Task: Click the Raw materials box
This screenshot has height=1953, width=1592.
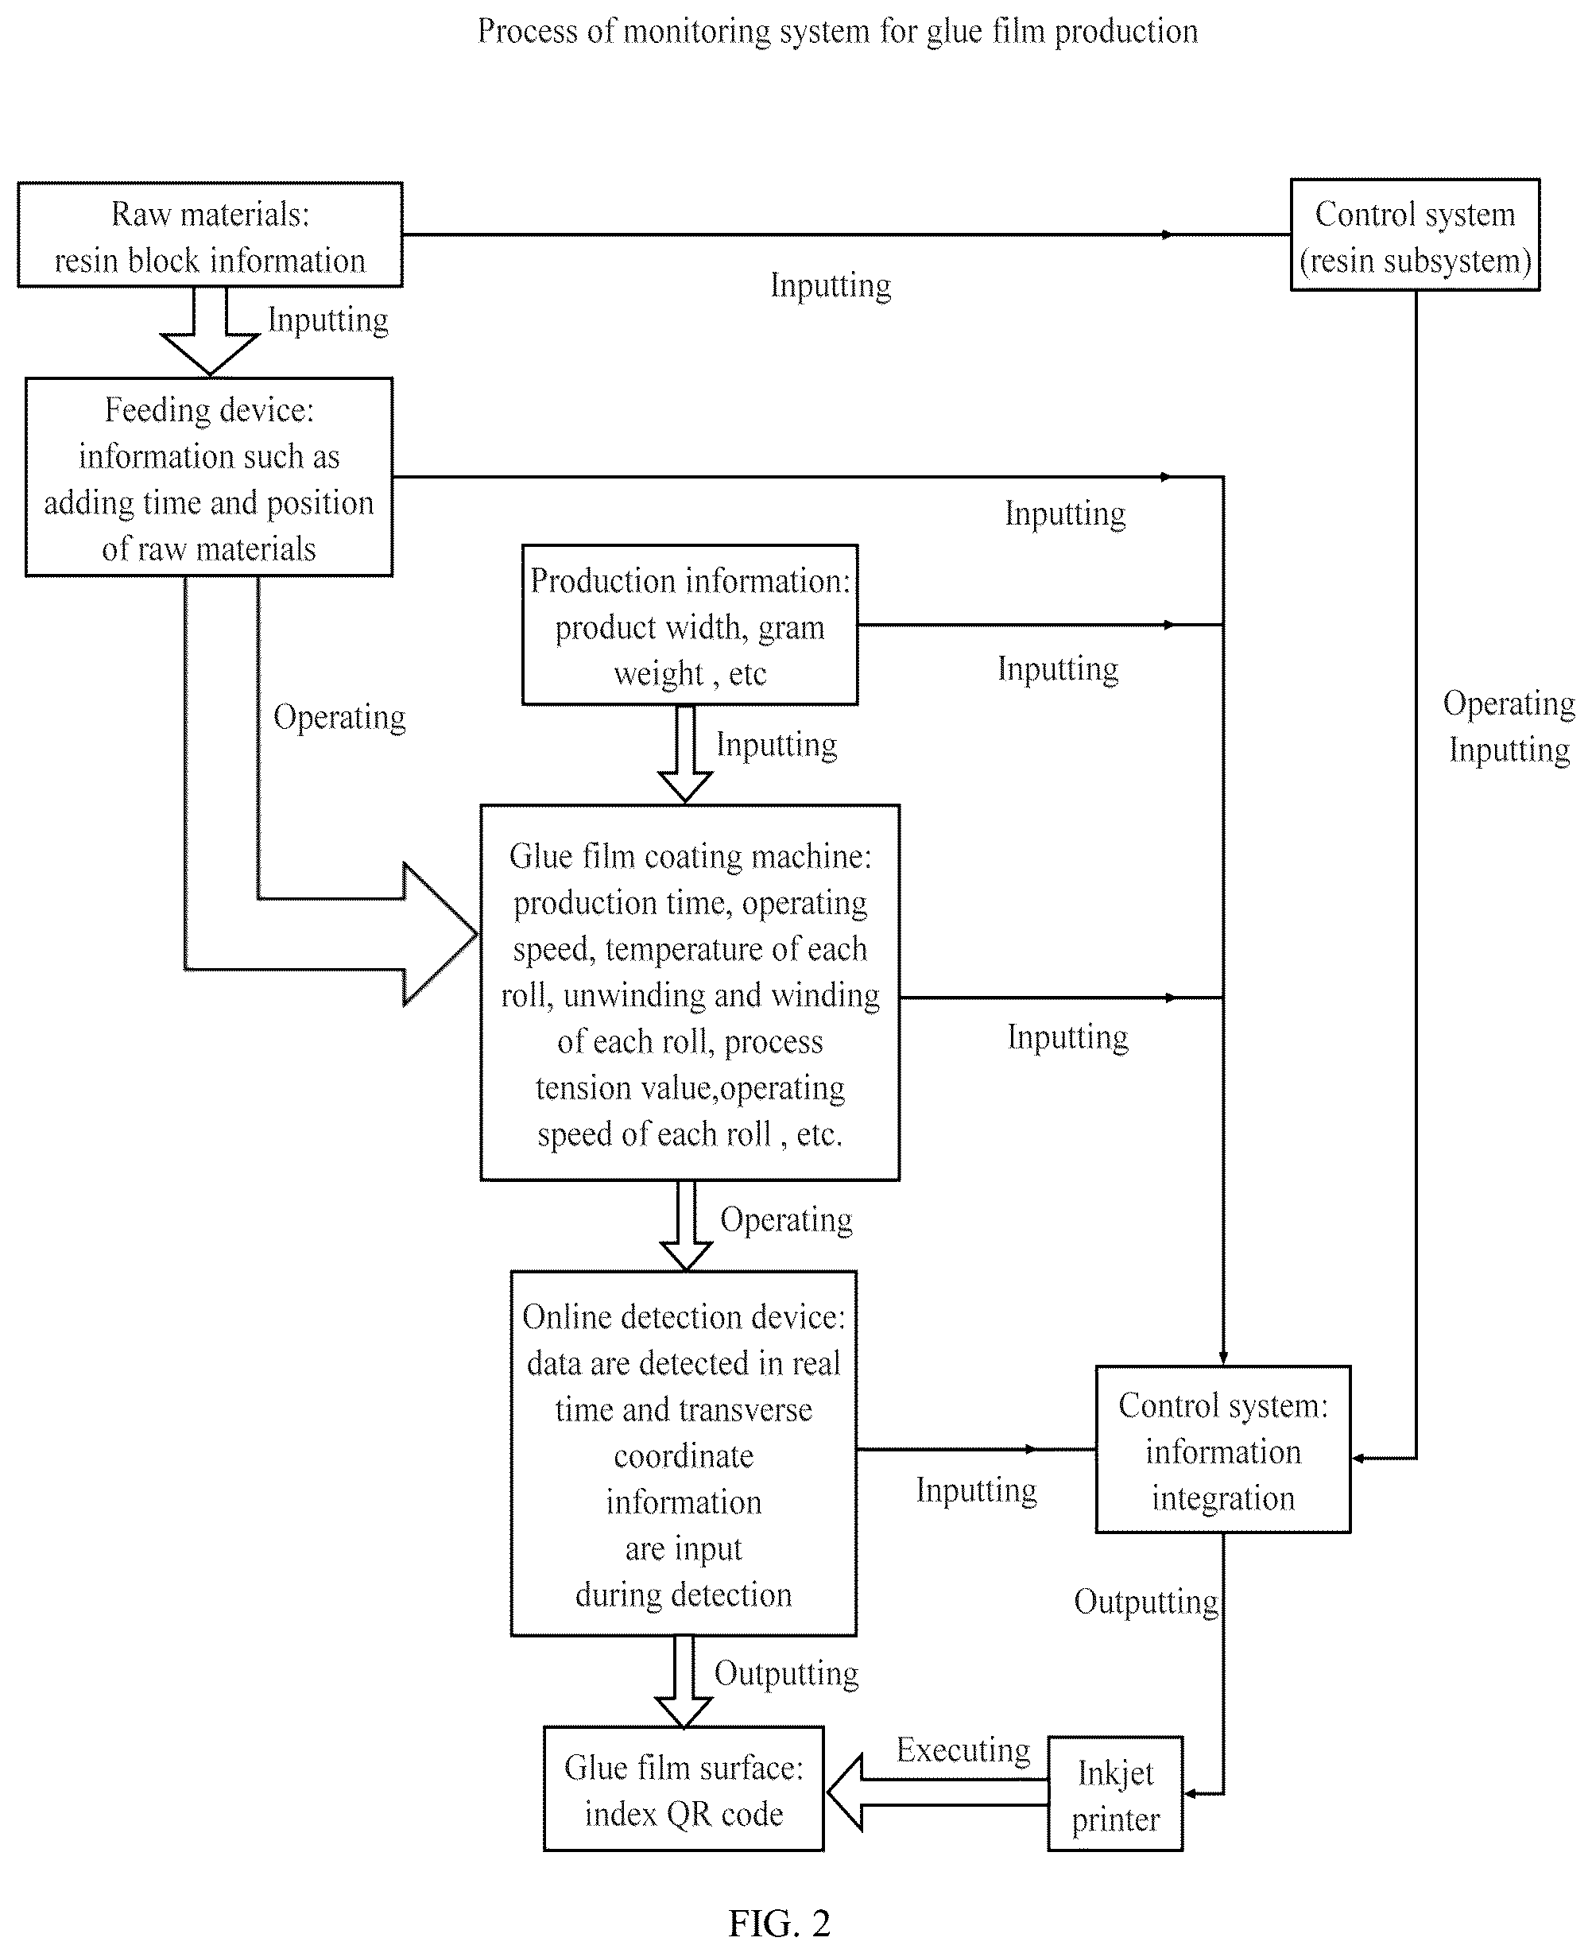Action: point(210,234)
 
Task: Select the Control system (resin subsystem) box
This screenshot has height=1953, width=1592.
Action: point(1415,234)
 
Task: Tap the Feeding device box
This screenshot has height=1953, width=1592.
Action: point(209,477)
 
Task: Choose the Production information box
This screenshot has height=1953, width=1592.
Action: point(690,625)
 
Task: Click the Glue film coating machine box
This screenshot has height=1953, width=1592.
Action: point(690,993)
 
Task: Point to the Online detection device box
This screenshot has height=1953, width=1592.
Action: point(684,1453)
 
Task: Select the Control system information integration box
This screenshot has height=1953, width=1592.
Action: point(1223,1450)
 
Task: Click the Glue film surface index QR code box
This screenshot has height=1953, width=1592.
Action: point(684,1789)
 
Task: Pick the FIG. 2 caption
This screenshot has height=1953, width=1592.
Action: point(780,1923)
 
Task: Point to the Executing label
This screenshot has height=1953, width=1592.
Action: point(963,1750)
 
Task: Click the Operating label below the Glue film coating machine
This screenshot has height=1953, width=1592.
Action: point(786,1219)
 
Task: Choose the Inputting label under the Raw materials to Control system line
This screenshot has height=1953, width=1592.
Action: point(830,285)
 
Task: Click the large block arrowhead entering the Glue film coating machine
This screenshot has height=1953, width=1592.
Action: point(440,933)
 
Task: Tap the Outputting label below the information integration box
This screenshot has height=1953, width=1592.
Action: point(1146,1602)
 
